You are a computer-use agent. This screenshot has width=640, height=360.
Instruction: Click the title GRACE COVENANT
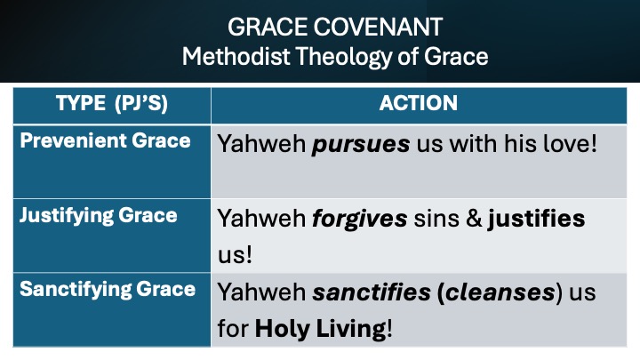(335, 28)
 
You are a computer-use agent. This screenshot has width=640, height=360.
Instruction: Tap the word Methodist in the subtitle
(236, 56)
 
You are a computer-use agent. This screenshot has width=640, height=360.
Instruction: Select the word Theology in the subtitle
(344, 57)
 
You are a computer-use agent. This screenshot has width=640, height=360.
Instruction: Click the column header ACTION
(419, 103)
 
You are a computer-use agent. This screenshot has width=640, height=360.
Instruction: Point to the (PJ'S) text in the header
(141, 103)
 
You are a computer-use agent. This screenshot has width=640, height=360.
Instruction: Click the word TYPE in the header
(81, 103)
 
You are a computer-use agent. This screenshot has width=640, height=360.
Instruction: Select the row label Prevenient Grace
(105, 140)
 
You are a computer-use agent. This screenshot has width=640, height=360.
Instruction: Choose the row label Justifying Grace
(99, 216)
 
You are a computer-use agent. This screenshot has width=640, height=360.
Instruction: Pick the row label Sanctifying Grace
(108, 290)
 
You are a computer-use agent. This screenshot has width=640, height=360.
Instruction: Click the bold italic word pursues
(361, 145)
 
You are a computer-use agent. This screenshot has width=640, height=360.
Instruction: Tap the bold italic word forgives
(360, 219)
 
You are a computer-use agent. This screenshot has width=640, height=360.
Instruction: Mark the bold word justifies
(536, 219)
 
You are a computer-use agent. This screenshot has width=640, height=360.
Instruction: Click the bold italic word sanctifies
(372, 292)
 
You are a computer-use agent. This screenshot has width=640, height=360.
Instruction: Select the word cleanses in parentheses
(500, 292)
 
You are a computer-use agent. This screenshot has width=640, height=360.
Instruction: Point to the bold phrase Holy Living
(320, 329)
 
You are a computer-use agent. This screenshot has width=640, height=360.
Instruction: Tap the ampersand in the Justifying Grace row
(474, 219)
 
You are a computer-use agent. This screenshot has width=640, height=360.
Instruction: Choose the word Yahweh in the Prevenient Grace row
(261, 144)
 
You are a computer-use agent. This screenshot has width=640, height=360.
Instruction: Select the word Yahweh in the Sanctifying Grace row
(261, 292)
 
